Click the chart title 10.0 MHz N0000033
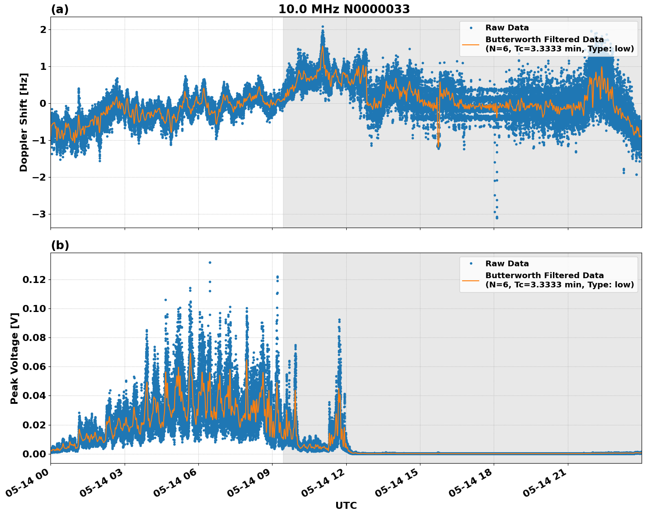[344, 9]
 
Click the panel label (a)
[60, 9]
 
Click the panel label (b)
[60, 245]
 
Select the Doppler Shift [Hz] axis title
[24, 122]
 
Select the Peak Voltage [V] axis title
[14, 358]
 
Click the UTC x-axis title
[346, 505]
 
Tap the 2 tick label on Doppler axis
[43, 29]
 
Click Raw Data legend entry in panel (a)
[507, 28]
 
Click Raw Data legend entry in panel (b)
[507, 264]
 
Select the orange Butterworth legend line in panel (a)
[470, 44]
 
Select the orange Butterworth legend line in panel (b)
[470, 280]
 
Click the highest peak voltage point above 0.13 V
[210, 262]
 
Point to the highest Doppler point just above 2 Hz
[323, 27]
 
